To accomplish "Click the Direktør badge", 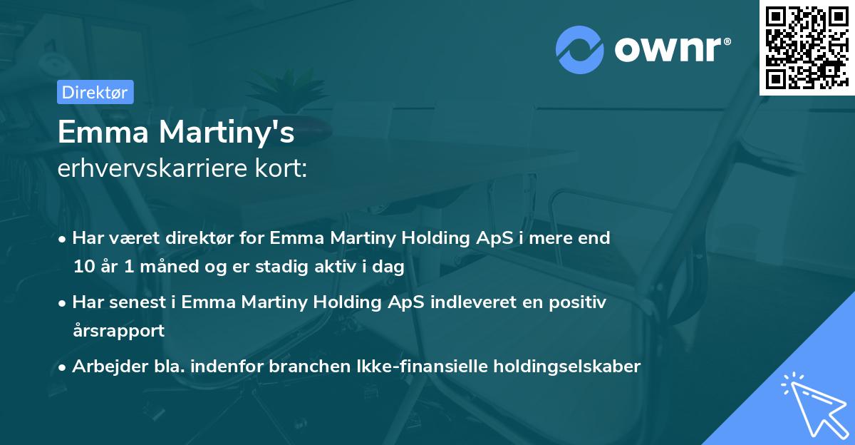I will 95,92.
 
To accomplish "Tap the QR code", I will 806,46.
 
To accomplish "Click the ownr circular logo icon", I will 581,49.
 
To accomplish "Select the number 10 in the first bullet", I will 83,267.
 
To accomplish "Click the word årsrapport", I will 118,331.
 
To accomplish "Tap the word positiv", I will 576,302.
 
